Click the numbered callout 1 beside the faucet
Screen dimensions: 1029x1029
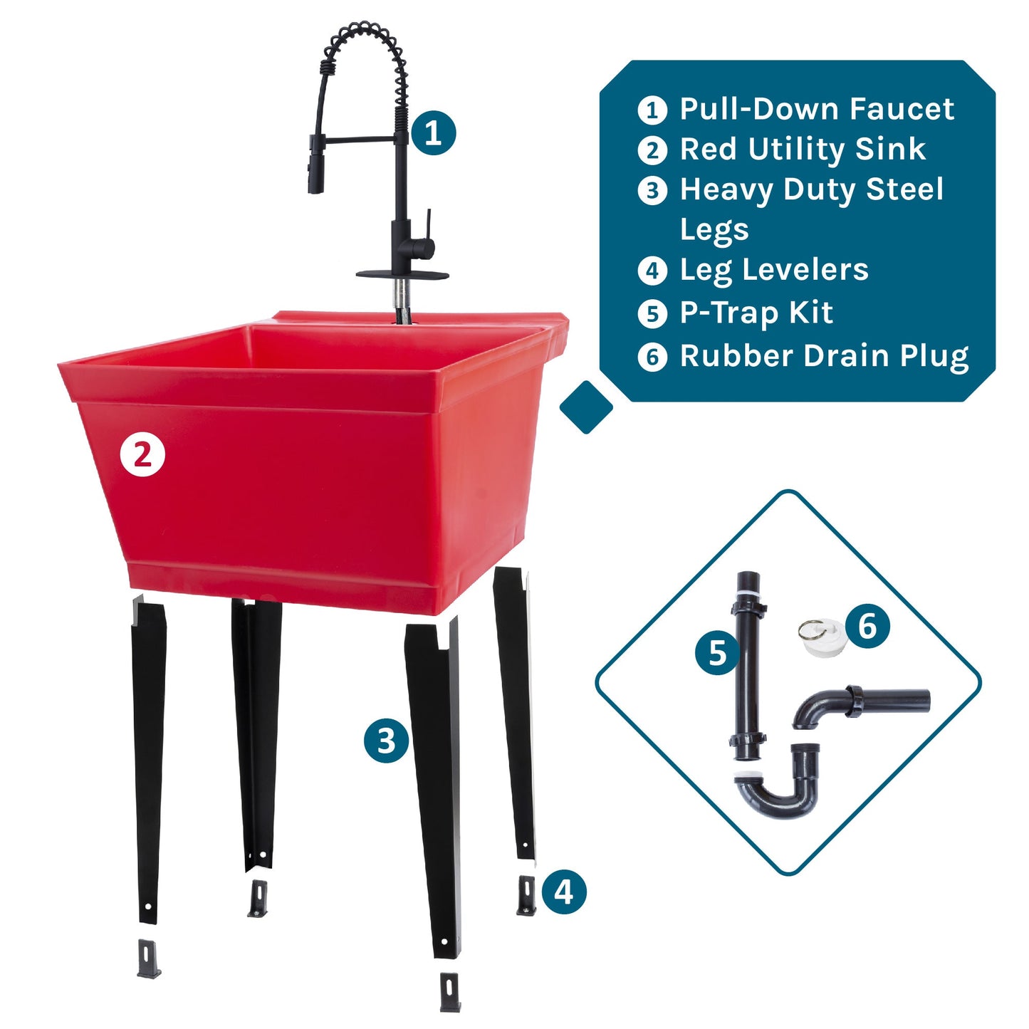[433, 132]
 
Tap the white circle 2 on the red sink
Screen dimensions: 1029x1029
[142, 454]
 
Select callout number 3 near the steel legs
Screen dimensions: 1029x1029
[386, 741]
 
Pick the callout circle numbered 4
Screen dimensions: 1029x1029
[563, 892]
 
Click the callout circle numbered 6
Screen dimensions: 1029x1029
[867, 626]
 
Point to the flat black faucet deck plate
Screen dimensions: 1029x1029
[402, 274]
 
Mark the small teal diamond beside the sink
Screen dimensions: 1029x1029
[586, 407]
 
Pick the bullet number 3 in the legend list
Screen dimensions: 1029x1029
[652, 191]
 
